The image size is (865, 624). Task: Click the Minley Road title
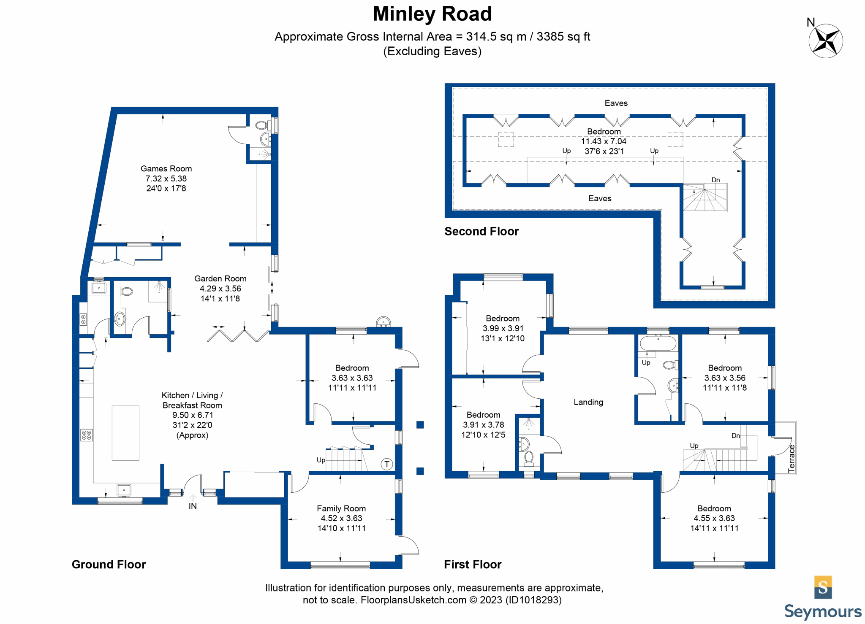click(x=432, y=14)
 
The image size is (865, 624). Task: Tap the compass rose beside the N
click(x=826, y=41)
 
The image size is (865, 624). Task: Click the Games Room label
click(x=166, y=169)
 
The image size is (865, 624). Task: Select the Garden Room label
click(x=220, y=278)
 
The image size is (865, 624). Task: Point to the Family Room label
click(x=341, y=508)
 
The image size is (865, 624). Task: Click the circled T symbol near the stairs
click(x=387, y=465)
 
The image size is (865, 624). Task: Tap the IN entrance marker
click(x=193, y=506)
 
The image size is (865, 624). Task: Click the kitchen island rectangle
click(x=125, y=433)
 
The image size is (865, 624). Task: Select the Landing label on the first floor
click(x=588, y=402)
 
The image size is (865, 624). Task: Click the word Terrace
click(x=792, y=459)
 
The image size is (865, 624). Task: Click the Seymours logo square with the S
click(x=823, y=587)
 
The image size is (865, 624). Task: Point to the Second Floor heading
click(x=481, y=231)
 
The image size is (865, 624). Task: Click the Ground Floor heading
click(x=109, y=565)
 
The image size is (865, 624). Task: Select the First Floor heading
click(x=473, y=565)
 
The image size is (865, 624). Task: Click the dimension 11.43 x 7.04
click(x=604, y=141)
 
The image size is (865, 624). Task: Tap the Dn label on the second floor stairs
click(x=715, y=180)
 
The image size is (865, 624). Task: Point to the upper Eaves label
click(x=616, y=103)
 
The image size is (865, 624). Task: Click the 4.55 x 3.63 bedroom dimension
click(x=714, y=518)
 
